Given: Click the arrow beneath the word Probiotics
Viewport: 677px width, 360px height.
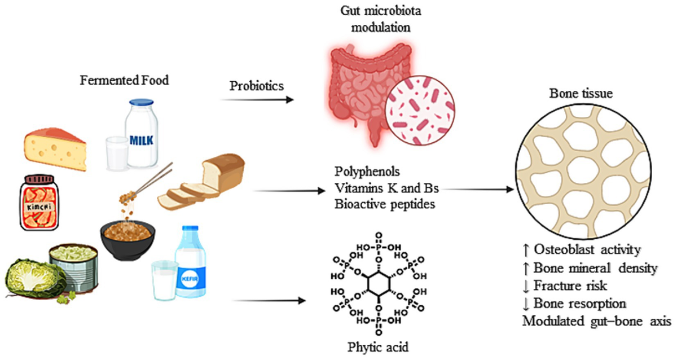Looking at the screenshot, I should point(257,100).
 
